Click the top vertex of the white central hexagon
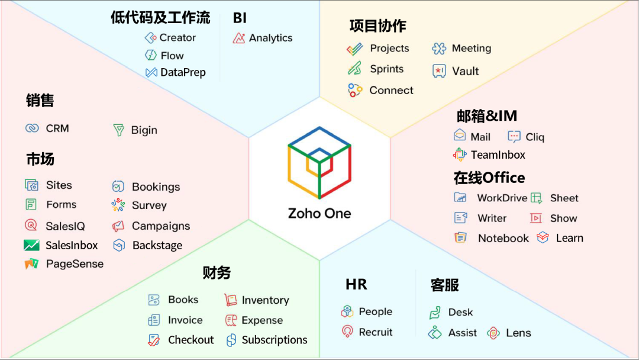pyautogui.click(x=320, y=97)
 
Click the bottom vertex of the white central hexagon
pyautogui.click(x=320, y=260)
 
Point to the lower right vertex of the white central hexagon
pyautogui.click(x=390, y=220)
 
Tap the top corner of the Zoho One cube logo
pyautogui.click(x=319, y=127)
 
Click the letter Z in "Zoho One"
pyautogui.click(x=293, y=213)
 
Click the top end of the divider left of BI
pyautogui.click(x=220, y=13)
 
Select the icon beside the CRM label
pyautogui.click(x=32, y=128)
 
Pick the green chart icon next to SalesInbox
pyautogui.click(x=31, y=245)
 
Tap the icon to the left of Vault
pyautogui.click(x=439, y=71)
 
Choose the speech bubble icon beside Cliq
pyautogui.click(x=514, y=137)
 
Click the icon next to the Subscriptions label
pyautogui.click(x=231, y=340)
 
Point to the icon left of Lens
pyautogui.click(x=493, y=333)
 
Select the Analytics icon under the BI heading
pyautogui.click(x=239, y=38)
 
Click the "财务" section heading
pyautogui.click(x=217, y=272)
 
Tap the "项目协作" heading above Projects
pyautogui.click(x=377, y=25)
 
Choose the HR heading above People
pyautogui.click(x=356, y=284)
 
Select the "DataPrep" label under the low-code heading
pyautogui.click(x=183, y=73)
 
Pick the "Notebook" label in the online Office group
pyautogui.click(x=504, y=238)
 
